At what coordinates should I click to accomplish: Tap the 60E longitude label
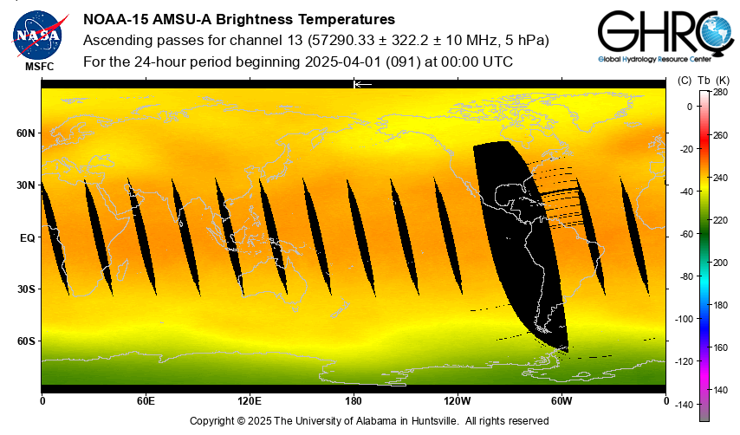146,401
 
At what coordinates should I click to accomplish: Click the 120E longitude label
249,401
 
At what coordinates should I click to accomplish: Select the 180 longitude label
354,401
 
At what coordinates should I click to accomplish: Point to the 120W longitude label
458,401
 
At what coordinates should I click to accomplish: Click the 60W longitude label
561,401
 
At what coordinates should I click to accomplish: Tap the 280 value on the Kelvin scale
720,92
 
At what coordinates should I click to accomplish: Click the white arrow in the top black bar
362,84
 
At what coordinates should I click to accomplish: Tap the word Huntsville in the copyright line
425,421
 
